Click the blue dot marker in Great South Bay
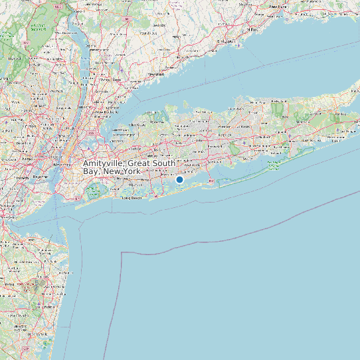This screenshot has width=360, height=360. pos(179,179)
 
